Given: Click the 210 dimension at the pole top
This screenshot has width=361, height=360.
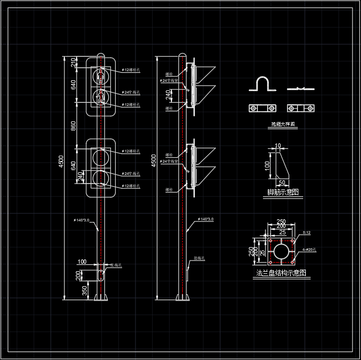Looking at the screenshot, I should (73, 63).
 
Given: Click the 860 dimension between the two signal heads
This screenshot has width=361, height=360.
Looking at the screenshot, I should (73, 126).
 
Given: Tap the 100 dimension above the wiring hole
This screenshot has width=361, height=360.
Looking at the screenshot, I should (82, 262).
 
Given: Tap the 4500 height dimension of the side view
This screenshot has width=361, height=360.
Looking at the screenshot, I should (154, 161).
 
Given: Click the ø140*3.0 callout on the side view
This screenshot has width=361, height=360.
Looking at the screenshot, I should (206, 219).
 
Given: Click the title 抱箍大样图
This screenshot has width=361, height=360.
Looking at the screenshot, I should (283, 124).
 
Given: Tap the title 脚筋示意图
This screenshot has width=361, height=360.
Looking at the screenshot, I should (283, 192).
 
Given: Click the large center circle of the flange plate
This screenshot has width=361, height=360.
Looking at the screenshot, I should (281, 251).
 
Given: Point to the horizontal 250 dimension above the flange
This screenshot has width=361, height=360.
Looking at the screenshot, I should (281, 222).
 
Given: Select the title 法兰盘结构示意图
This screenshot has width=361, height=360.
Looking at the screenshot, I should (281, 273).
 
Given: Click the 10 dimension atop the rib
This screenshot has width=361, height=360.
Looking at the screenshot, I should (277, 146).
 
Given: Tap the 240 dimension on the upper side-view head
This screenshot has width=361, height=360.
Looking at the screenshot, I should (168, 95).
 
